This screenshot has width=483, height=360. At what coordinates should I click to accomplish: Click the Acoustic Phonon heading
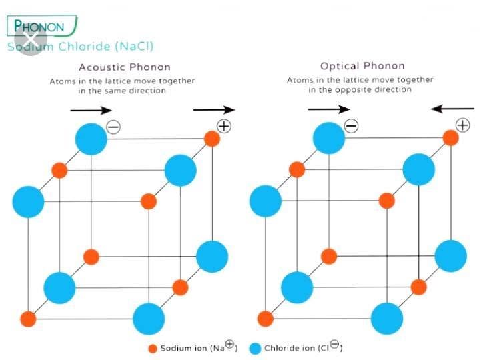125,67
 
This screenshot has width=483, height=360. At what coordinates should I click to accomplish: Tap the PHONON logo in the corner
39,27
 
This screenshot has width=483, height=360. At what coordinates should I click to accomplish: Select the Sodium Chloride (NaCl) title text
80,47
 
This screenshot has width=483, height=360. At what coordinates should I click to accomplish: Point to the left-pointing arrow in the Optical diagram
452,108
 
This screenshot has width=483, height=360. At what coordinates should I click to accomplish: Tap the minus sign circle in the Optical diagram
351,126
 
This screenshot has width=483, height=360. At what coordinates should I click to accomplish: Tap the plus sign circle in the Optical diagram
462,125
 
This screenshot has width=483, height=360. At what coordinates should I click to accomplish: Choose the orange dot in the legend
152,348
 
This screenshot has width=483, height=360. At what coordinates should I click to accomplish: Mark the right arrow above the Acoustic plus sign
214,109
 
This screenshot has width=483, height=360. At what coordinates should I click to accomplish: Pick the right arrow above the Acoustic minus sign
91,109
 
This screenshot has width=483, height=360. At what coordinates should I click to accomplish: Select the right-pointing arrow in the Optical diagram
329,109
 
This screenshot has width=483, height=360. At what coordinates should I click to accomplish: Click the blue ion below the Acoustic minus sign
91,139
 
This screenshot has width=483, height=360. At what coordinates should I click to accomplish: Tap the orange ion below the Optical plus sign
450,139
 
